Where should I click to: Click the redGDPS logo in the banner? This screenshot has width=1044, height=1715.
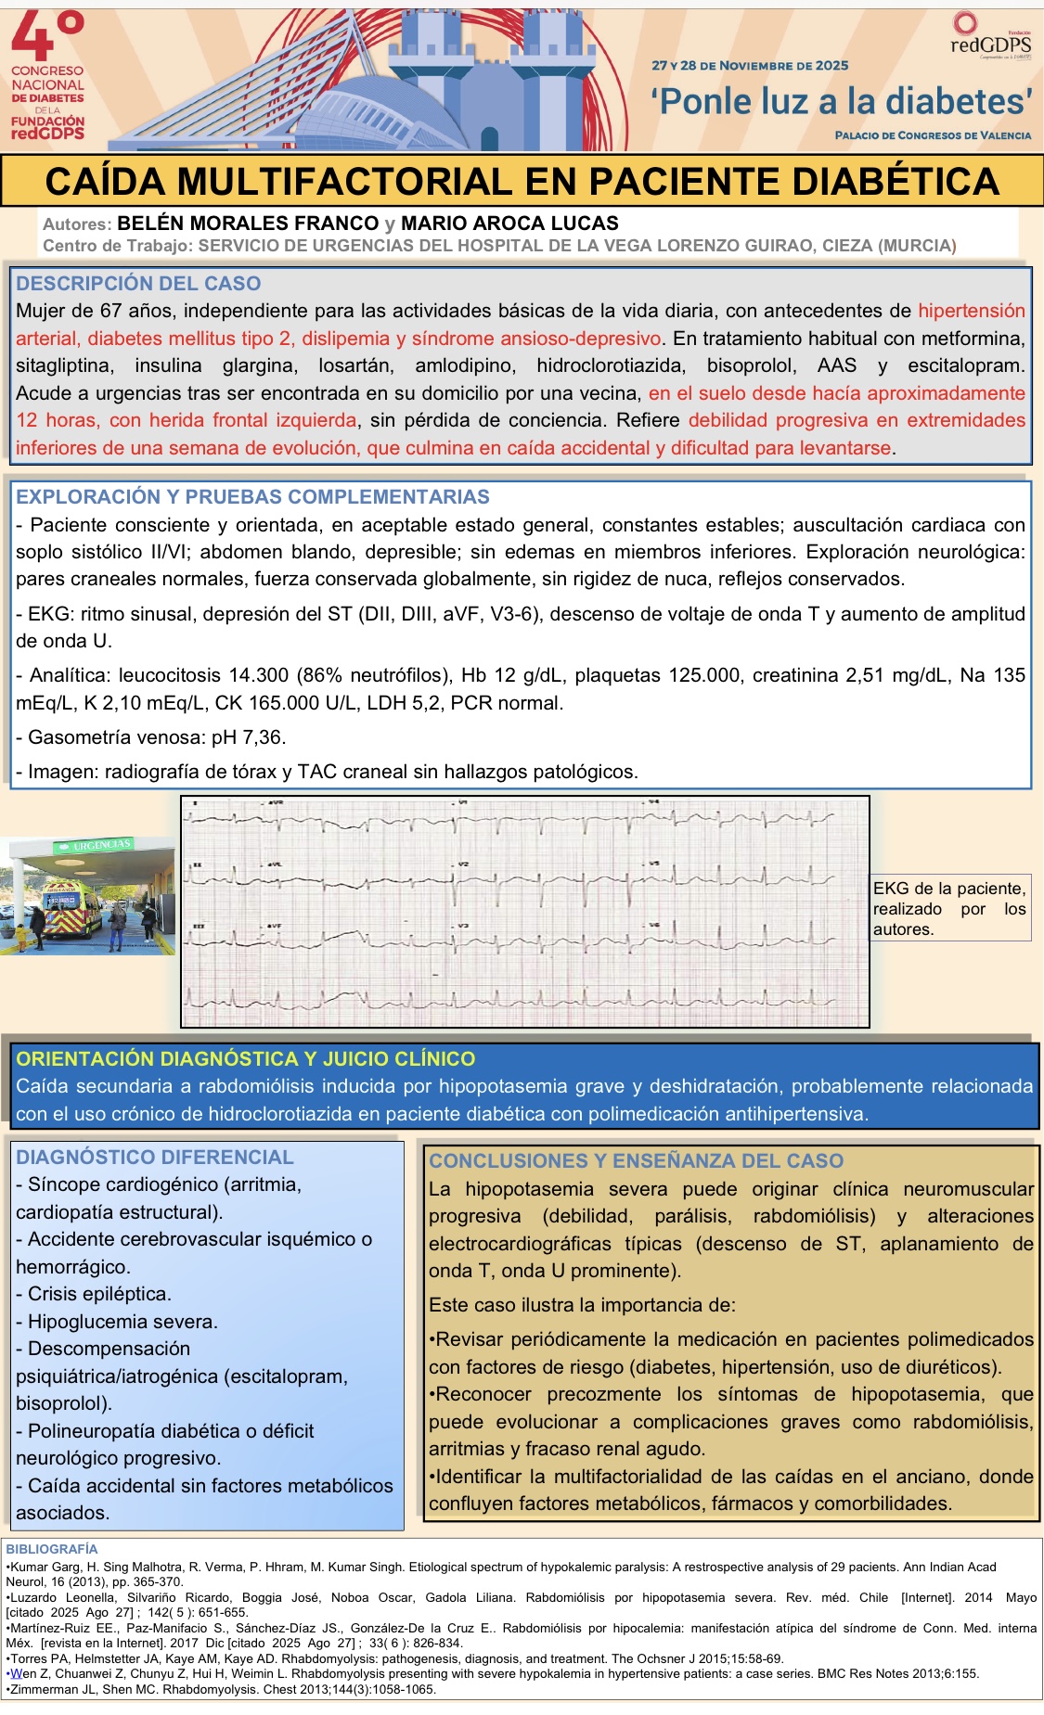pyautogui.click(x=990, y=37)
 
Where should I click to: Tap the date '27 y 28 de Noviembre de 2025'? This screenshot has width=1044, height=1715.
pyautogui.click(x=750, y=66)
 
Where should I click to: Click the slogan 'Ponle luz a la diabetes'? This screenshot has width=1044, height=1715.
pyautogui.click(x=842, y=101)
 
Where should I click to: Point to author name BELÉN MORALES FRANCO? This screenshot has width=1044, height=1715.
pyautogui.click(x=248, y=224)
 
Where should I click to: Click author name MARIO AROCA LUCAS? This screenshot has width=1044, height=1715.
pyautogui.click(x=509, y=224)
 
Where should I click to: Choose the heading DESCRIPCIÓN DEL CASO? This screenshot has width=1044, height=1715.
pyautogui.click(x=138, y=284)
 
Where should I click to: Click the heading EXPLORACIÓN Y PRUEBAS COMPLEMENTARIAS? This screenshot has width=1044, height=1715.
pyautogui.click(x=252, y=497)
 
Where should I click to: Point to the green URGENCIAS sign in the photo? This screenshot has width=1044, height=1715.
pyautogui.click(x=102, y=845)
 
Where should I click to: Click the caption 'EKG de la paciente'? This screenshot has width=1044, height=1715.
pyautogui.click(x=948, y=889)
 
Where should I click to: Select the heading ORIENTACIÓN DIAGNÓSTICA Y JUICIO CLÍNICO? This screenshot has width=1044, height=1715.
pyautogui.click(x=245, y=1059)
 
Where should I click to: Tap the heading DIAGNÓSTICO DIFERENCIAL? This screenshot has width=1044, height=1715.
pyautogui.click(x=154, y=1158)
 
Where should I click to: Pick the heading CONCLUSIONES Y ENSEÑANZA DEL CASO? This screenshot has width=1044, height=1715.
pyautogui.click(x=636, y=1161)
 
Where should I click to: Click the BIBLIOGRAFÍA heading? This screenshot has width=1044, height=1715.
pyautogui.click(x=51, y=1549)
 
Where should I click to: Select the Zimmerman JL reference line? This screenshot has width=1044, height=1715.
pyautogui.click(x=221, y=1689)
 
